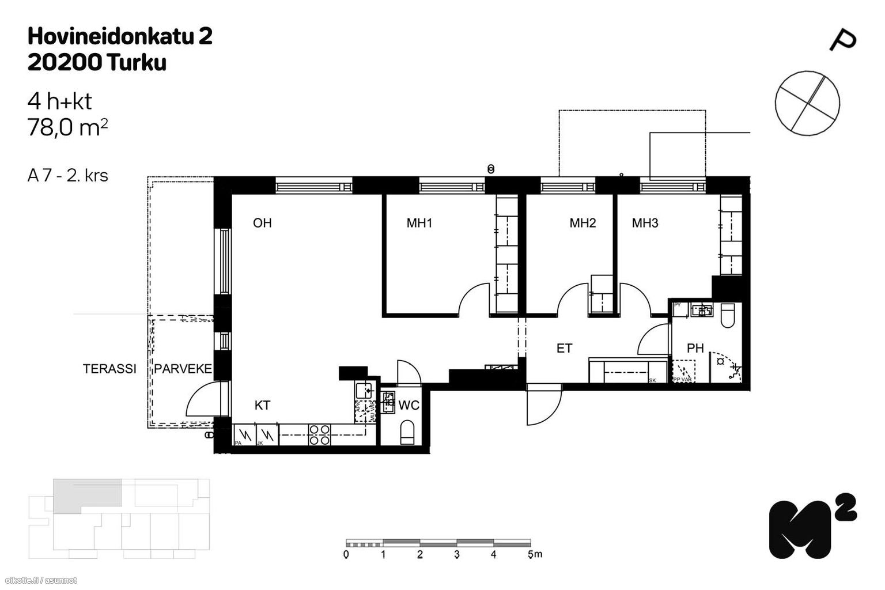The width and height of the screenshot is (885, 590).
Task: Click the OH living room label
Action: tap(262, 223)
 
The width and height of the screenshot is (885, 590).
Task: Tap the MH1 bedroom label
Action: tap(419, 223)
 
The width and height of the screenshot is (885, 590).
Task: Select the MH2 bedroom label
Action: tap(583, 223)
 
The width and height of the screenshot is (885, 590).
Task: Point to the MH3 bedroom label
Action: tap(645, 223)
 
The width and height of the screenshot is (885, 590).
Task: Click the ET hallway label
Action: tap(564, 348)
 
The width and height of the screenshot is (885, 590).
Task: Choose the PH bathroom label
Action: tap(695, 348)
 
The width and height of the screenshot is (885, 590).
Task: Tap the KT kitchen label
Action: tap(262, 406)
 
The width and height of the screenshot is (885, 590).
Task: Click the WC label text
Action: tap(409, 406)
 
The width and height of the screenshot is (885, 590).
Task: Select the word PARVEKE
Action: tap(183, 369)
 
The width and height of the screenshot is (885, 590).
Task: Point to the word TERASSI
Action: tap(109, 369)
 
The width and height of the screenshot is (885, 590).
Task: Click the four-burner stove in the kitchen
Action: tap(320, 435)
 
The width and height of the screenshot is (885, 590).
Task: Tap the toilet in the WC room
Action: tap(407, 432)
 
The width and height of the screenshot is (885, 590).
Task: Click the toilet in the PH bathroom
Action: tap(727, 315)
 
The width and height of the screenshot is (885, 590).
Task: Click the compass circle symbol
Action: tap(807, 103)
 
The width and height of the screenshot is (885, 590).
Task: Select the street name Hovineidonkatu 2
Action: tap(120, 37)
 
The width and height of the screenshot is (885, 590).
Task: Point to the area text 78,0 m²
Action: tap(67, 127)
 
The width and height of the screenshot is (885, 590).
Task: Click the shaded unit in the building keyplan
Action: tap(86, 493)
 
